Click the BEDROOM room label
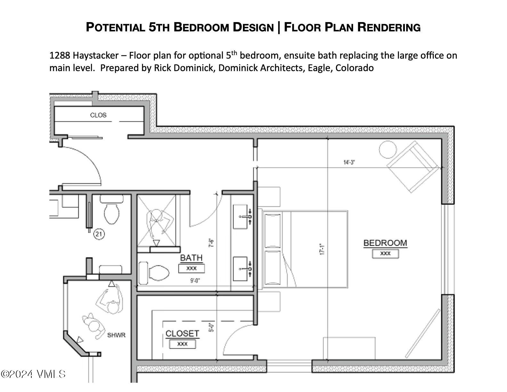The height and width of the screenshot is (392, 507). (385, 243)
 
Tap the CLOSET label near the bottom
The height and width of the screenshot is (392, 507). (182, 333)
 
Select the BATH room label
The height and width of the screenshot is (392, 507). (191, 258)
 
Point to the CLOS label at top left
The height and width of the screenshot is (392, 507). (98, 115)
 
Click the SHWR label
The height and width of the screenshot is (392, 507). (116, 335)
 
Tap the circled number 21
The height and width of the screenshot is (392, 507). (99, 234)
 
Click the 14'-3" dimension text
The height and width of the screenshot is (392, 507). (349, 162)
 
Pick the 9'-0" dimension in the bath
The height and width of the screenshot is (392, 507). (195, 281)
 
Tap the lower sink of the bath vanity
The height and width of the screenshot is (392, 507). (241, 269)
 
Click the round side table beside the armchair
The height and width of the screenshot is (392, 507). (388, 149)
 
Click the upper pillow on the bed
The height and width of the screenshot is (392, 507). (273, 230)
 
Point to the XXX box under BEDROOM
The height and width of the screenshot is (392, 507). (385, 254)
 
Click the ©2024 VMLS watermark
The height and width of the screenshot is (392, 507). (33, 374)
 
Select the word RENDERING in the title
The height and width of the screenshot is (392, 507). (389, 27)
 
